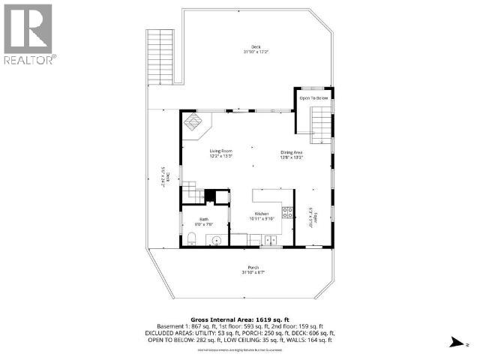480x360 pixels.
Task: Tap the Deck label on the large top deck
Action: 256,46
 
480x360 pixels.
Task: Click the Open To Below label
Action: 314,98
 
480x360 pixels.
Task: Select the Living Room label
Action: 220,151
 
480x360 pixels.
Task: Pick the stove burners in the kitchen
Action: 287,212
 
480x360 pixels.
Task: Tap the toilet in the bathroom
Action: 192,239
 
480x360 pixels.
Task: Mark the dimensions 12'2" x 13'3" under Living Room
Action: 220,156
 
